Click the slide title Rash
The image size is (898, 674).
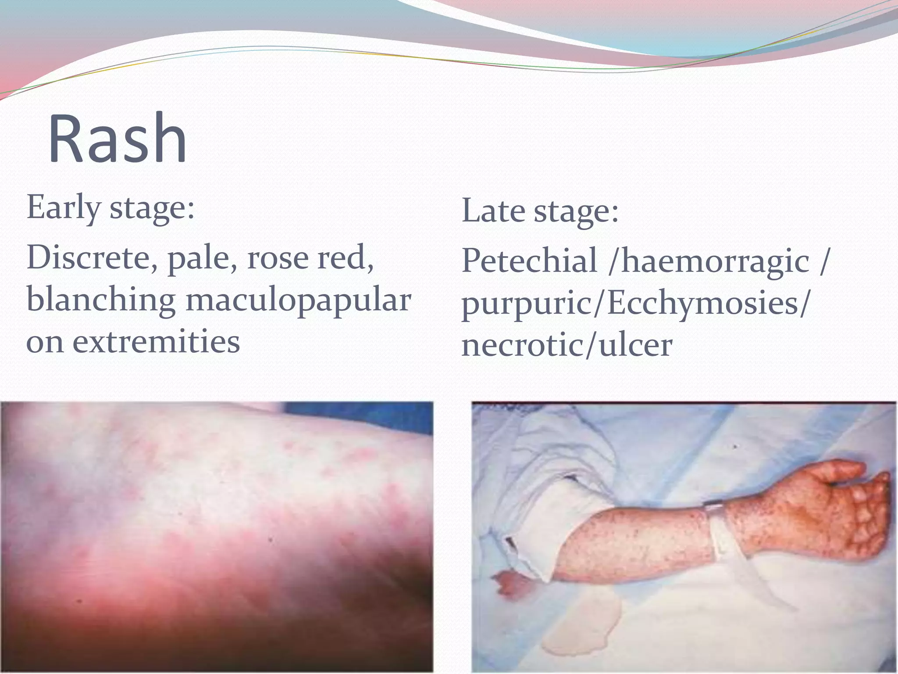118,139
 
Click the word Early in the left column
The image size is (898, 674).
64,207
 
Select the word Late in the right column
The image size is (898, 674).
493,211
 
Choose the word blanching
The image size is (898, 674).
101,300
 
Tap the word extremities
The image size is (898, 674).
156,342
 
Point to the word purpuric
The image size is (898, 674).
526,305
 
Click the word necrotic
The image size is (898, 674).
522,345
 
